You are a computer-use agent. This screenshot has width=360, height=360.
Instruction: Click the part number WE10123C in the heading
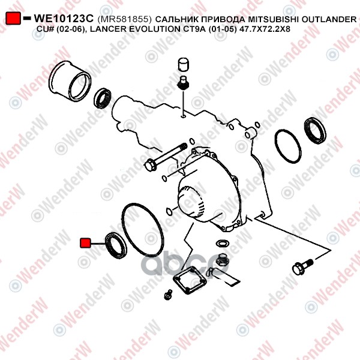64,19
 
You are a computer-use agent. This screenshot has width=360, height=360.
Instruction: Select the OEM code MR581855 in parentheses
125,19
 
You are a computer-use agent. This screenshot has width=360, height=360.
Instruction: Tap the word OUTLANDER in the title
329,20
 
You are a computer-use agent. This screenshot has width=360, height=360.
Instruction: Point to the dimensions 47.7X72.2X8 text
265,29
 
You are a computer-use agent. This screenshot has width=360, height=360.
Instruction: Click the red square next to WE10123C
13,18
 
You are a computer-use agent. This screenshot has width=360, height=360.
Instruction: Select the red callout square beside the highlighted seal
85,243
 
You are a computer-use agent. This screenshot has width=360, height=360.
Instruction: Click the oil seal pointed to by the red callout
116,245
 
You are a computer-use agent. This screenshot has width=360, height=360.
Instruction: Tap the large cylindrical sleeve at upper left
70,81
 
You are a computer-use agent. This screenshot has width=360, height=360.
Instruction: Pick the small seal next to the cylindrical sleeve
103,98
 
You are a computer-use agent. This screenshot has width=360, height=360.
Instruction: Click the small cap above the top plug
184,64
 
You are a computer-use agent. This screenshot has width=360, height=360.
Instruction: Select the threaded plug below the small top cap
183,83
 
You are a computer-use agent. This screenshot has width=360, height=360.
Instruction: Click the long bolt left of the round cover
166,157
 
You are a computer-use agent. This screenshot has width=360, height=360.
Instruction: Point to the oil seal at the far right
315,130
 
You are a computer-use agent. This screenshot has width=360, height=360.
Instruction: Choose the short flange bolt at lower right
302,266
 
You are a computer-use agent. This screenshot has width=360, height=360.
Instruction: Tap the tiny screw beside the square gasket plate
169,295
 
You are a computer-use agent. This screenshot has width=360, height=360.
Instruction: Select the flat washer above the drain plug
222,243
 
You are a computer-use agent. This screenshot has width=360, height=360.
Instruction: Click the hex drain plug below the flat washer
222,260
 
